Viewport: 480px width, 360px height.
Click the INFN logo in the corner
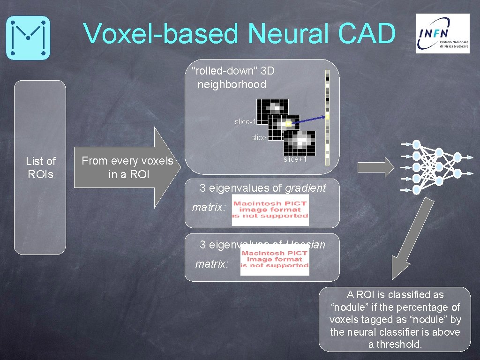point(442,33)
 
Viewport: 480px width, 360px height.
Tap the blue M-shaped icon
point(28,37)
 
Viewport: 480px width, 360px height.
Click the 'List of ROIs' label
point(40,167)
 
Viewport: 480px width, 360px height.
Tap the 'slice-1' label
point(245,122)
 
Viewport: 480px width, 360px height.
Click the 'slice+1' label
point(295,159)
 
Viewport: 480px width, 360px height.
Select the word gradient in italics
point(305,188)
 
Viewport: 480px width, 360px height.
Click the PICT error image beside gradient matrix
point(270,210)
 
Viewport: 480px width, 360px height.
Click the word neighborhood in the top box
point(232,84)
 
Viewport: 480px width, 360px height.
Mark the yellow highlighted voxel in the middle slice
point(288,124)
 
